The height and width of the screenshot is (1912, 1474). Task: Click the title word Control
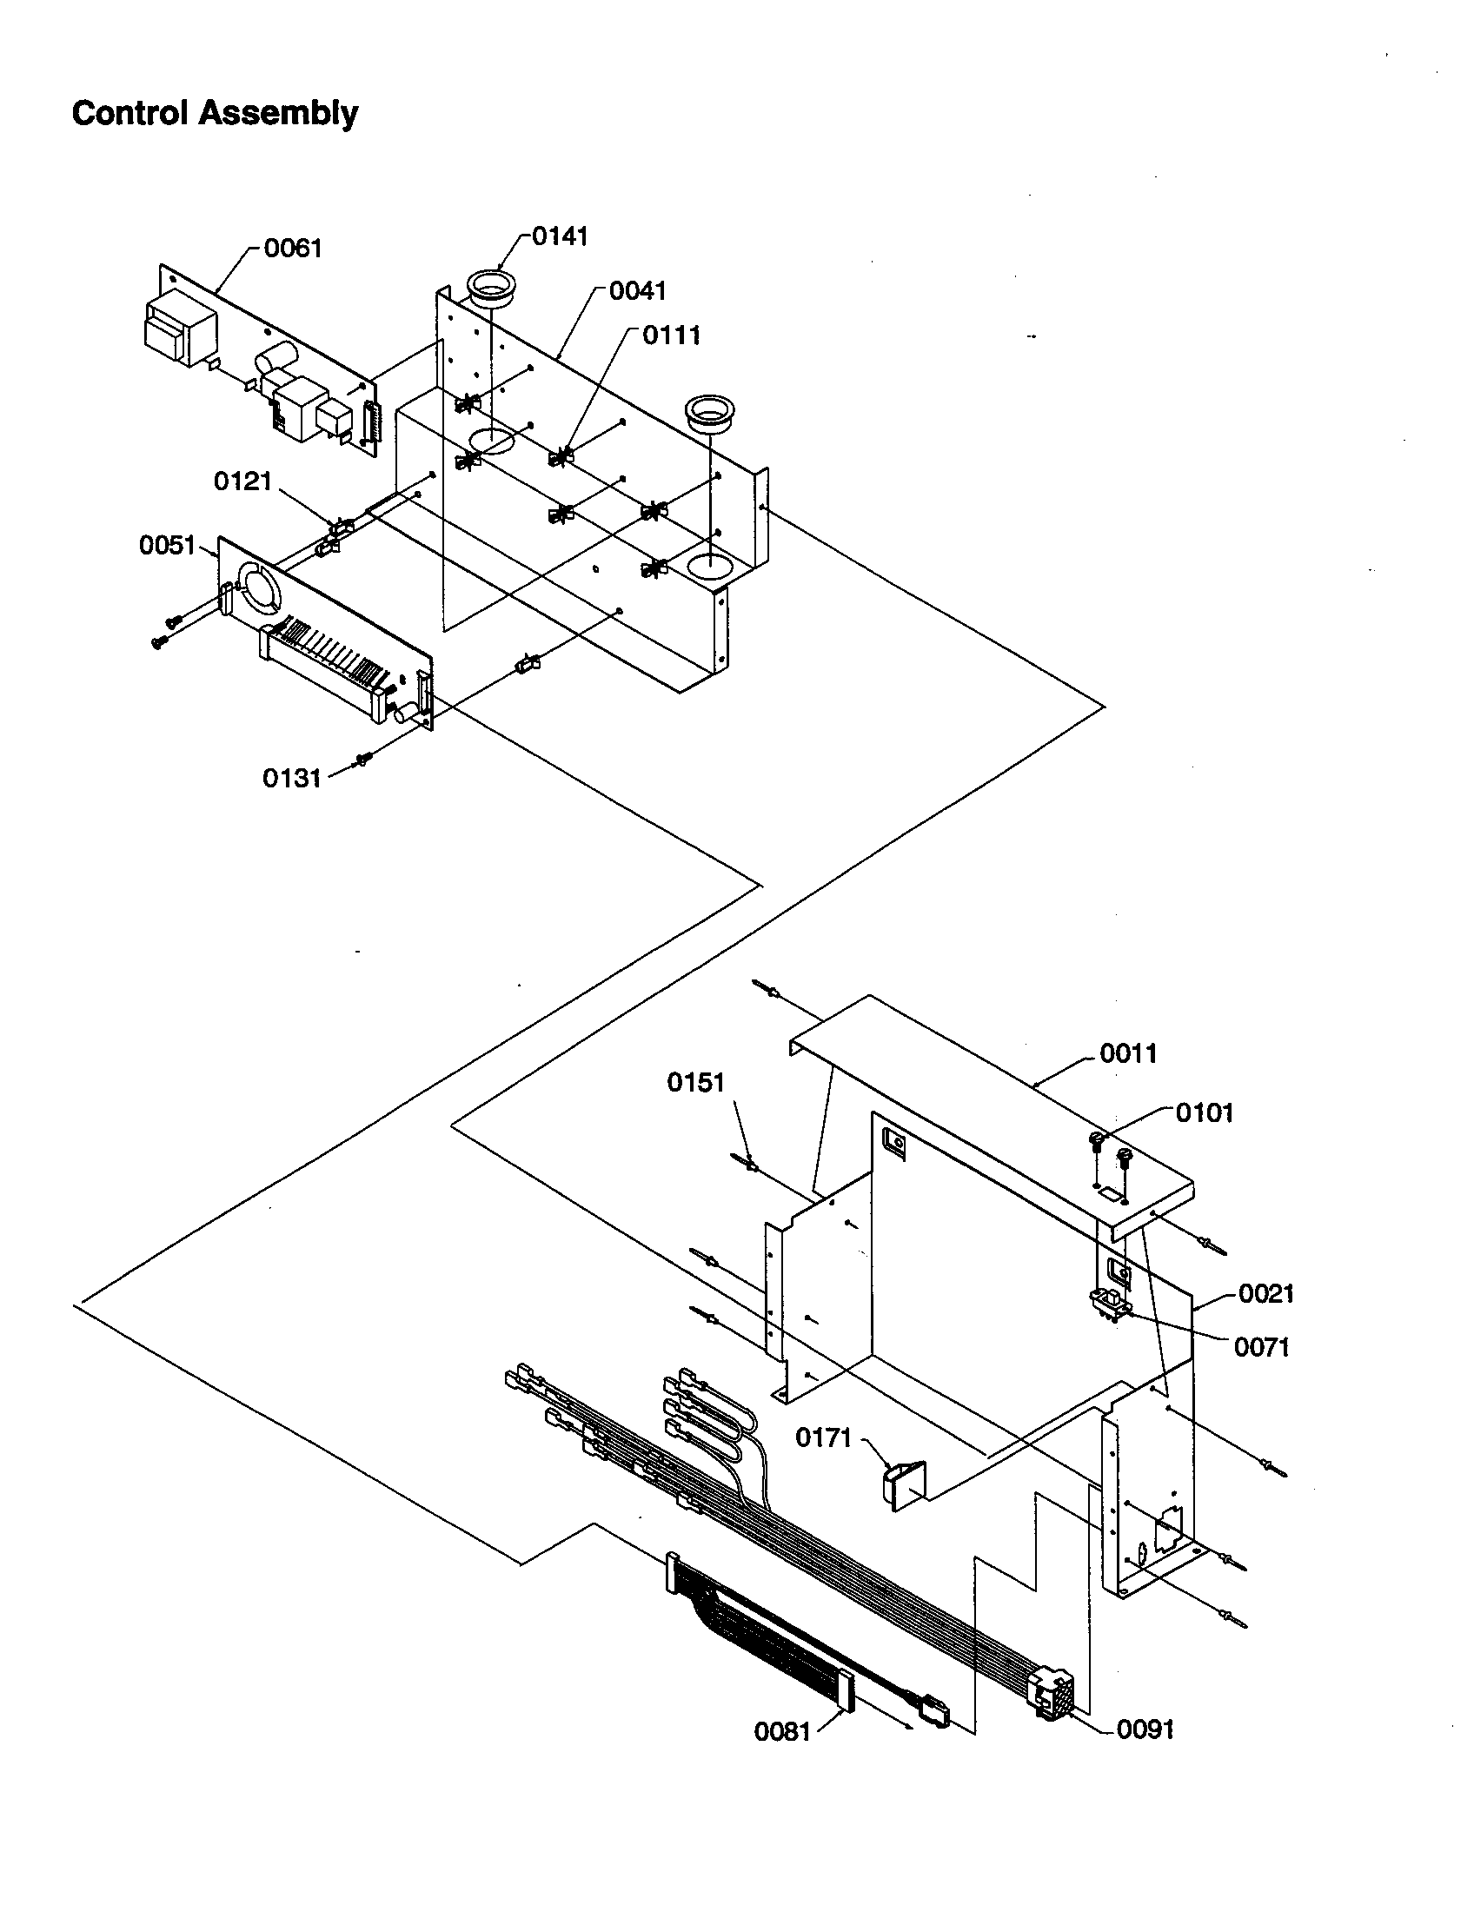pos(130,114)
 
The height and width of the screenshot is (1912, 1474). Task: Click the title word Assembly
pos(276,114)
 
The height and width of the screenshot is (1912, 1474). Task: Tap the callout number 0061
pos(293,249)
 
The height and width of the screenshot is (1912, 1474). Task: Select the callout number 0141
pos(561,236)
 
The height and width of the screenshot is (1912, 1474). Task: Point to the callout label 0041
pos(638,290)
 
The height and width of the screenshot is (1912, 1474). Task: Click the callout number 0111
pos(671,335)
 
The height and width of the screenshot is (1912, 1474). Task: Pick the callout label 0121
pos(243,481)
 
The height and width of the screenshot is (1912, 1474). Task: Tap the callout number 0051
pos(167,546)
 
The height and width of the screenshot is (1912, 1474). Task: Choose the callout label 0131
pos(292,779)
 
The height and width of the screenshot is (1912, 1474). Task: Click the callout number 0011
pos(1128,1053)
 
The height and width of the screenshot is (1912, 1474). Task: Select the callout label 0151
pos(696,1083)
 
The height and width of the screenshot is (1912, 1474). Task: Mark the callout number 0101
pos(1205,1113)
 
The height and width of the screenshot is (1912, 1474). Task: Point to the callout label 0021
pos(1265,1294)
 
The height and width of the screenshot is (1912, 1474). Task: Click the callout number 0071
pos(1262,1347)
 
